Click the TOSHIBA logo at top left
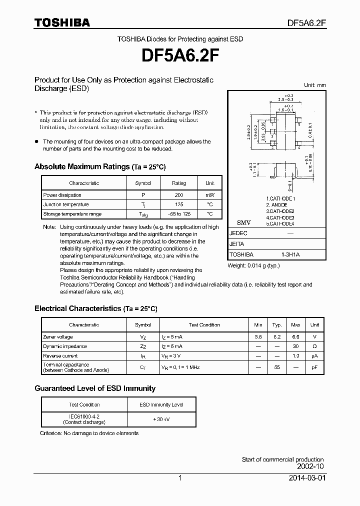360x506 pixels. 62,22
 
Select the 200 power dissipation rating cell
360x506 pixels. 178,195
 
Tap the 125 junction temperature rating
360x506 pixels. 178,204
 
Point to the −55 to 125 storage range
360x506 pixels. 178,214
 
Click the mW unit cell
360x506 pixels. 209,195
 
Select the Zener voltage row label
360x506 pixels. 58,337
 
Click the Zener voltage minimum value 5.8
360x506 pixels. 257,337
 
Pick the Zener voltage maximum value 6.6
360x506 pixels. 295,337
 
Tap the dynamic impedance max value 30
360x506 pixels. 295,346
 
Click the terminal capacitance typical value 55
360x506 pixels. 276,367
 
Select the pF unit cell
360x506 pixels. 314,367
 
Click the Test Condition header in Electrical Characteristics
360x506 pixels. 204,325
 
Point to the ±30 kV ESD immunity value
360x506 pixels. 161,419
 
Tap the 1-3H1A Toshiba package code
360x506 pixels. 290,254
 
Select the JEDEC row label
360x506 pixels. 238,233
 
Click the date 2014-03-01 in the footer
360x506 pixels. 306,478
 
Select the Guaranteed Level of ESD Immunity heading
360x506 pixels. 95,388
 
